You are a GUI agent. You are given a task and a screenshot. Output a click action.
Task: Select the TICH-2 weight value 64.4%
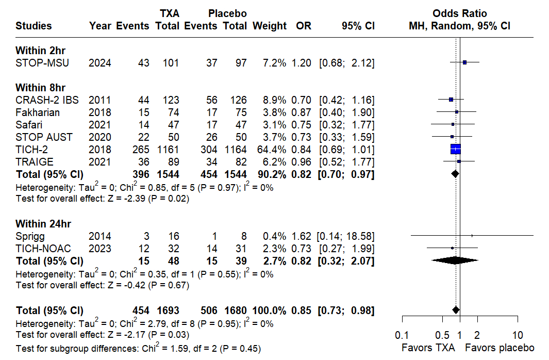[x=270, y=150]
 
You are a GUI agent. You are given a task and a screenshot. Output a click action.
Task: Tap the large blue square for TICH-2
[x=456, y=150]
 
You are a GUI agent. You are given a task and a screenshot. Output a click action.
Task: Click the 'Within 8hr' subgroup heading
[x=40, y=88]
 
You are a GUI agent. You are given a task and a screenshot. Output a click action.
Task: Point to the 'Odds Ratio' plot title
[x=460, y=13]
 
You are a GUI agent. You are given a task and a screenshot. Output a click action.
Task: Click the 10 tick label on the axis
[x=518, y=334]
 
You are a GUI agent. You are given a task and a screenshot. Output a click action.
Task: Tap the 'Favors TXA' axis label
[x=428, y=348]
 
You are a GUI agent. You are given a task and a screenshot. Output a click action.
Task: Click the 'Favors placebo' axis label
[x=500, y=348]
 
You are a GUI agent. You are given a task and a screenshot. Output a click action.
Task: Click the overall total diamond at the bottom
[x=456, y=309]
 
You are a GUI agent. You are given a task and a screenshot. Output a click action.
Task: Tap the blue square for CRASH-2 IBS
[x=451, y=100]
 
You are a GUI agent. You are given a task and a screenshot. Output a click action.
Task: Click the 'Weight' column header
[x=270, y=26]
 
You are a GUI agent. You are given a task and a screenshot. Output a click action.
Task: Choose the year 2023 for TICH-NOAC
[x=99, y=249]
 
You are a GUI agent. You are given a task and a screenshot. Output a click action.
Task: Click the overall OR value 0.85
[x=304, y=310]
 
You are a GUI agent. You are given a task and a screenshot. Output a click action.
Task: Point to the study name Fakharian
[x=38, y=112]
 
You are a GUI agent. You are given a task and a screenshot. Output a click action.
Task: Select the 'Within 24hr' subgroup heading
[x=43, y=224]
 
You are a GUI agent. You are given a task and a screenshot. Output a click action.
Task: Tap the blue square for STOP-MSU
[x=464, y=62]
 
